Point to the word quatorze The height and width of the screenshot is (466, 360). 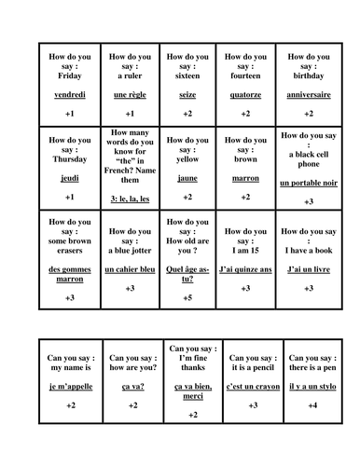pyautogui.click(x=246, y=95)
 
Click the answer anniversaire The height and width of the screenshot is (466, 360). pyautogui.click(x=309, y=95)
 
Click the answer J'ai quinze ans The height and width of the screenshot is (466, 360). pyautogui.click(x=246, y=269)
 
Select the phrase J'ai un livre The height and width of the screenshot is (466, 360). pyautogui.click(x=309, y=269)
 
